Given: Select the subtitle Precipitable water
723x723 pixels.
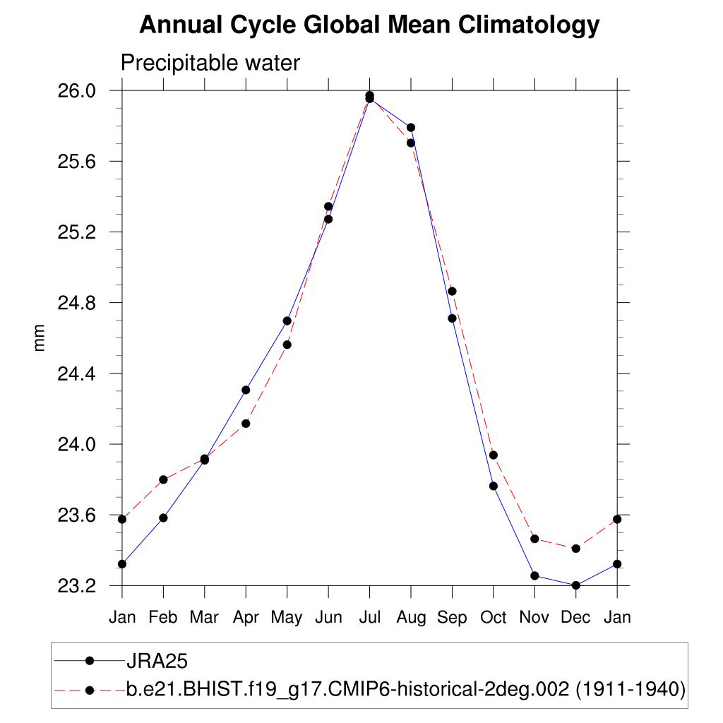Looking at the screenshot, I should tap(210, 63).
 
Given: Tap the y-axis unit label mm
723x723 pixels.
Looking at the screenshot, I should tap(40, 337).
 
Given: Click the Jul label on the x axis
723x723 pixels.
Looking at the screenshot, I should tap(369, 617).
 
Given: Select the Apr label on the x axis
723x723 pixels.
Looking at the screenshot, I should tap(246, 617).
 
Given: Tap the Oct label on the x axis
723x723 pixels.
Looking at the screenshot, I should tap(494, 617).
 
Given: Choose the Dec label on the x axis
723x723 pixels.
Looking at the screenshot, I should tap(575, 617).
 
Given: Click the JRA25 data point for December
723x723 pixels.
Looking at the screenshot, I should tap(575, 585).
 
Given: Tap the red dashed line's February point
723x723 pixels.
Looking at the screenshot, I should tap(163, 479).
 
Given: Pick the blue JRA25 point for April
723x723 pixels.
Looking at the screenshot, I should tap(246, 390).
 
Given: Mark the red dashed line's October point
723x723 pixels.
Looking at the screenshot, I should tap(494, 455).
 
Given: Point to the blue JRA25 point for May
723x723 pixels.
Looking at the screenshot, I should tap(287, 321).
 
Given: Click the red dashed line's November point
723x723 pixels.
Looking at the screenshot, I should tap(534, 539).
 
